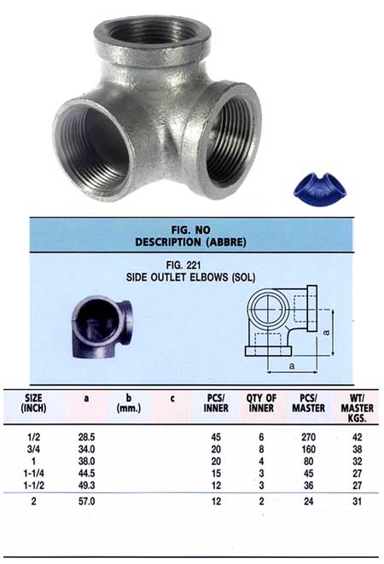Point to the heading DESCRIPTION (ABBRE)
click(189, 241)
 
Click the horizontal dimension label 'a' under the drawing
click(293, 364)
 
